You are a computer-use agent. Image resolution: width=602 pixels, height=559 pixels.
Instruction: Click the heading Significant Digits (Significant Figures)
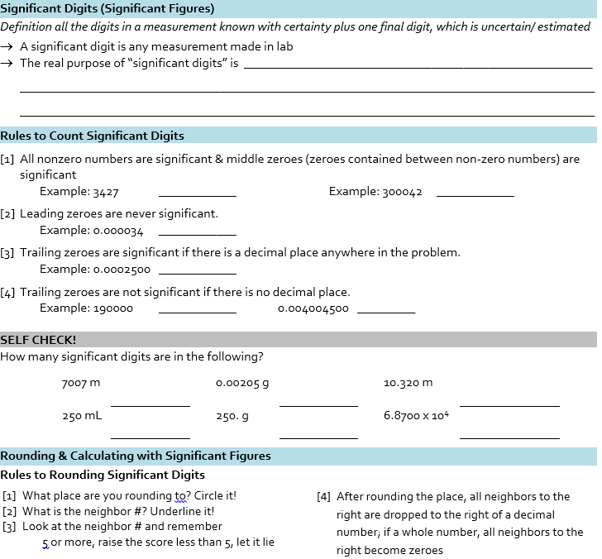click(x=107, y=9)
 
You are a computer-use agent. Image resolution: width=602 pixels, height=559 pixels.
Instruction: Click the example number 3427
click(x=105, y=192)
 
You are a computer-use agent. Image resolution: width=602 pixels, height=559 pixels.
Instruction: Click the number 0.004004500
click(x=313, y=308)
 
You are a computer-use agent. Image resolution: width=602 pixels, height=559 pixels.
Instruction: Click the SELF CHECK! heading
click(x=38, y=340)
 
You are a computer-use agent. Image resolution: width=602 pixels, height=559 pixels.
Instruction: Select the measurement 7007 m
click(x=80, y=383)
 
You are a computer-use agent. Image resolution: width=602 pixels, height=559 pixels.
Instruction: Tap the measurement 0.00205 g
click(x=242, y=383)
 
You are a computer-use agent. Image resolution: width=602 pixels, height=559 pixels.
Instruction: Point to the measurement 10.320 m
click(x=408, y=383)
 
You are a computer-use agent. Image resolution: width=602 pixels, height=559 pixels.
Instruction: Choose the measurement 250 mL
click(x=82, y=416)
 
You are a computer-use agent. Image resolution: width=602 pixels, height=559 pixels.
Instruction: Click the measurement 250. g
click(x=232, y=416)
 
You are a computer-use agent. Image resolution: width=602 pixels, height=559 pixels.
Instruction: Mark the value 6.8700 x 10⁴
click(x=416, y=415)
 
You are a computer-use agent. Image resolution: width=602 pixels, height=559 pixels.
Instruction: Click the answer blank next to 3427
click(x=197, y=195)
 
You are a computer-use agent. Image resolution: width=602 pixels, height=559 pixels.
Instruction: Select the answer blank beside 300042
click(x=475, y=195)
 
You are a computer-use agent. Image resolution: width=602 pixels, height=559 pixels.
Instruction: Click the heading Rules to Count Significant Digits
click(x=92, y=136)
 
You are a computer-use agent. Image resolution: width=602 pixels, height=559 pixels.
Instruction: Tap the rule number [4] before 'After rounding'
click(x=324, y=497)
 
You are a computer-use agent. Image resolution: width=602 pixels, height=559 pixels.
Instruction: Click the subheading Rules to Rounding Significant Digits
click(x=103, y=475)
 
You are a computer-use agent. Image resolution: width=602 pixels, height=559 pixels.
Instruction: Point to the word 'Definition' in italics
click(x=26, y=26)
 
